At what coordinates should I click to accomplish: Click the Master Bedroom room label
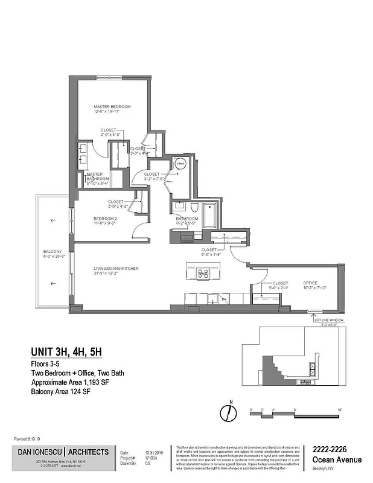(112, 107)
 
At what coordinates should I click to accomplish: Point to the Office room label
(310, 283)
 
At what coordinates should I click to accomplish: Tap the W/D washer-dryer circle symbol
(180, 164)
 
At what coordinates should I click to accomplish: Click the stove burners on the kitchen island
(203, 273)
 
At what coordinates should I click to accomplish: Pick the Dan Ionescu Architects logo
(62, 452)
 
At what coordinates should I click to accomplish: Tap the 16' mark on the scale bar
(340, 410)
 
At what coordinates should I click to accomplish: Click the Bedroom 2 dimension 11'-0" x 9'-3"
(104, 223)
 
